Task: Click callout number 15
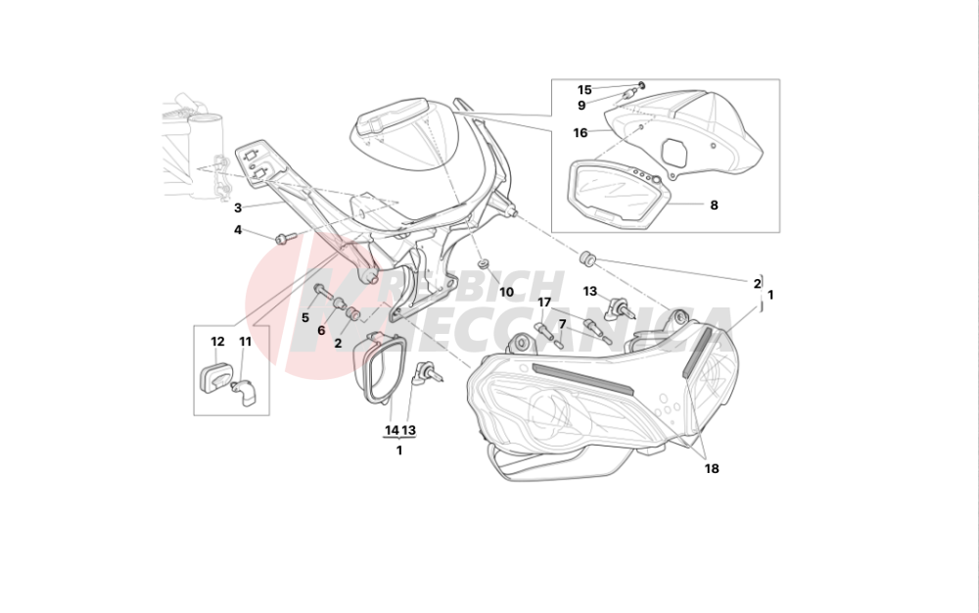[583, 90]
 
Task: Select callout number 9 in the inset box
[582, 106]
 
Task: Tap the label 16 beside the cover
[580, 133]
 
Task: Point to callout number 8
[715, 205]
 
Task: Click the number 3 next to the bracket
[238, 208]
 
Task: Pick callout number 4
[238, 230]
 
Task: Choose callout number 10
[506, 292]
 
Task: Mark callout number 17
[544, 303]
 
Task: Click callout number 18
[712, 469]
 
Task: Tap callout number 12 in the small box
[217, 342]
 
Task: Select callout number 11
[245, 342]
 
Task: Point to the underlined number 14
[392, 430]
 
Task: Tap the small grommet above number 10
[483, 264]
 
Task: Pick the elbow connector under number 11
[244, 393]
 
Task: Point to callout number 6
[321, 331]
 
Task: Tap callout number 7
[562, 324]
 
